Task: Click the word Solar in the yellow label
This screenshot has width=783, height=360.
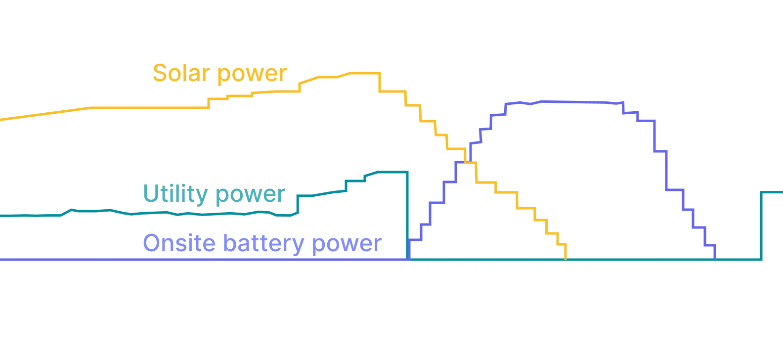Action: [181, 74]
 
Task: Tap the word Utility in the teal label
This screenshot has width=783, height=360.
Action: [174, 194]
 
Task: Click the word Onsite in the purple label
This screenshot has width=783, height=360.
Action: [178, 244]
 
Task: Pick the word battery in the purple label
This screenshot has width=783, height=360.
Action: [262, 244]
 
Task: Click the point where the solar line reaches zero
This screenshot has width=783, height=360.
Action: [565, 258]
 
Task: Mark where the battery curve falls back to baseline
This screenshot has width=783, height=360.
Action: [715, 258]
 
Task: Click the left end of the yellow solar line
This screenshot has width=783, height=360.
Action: [2, 119]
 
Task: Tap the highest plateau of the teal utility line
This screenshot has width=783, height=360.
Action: [391, 172]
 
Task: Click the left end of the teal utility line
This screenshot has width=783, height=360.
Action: [2, 215]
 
